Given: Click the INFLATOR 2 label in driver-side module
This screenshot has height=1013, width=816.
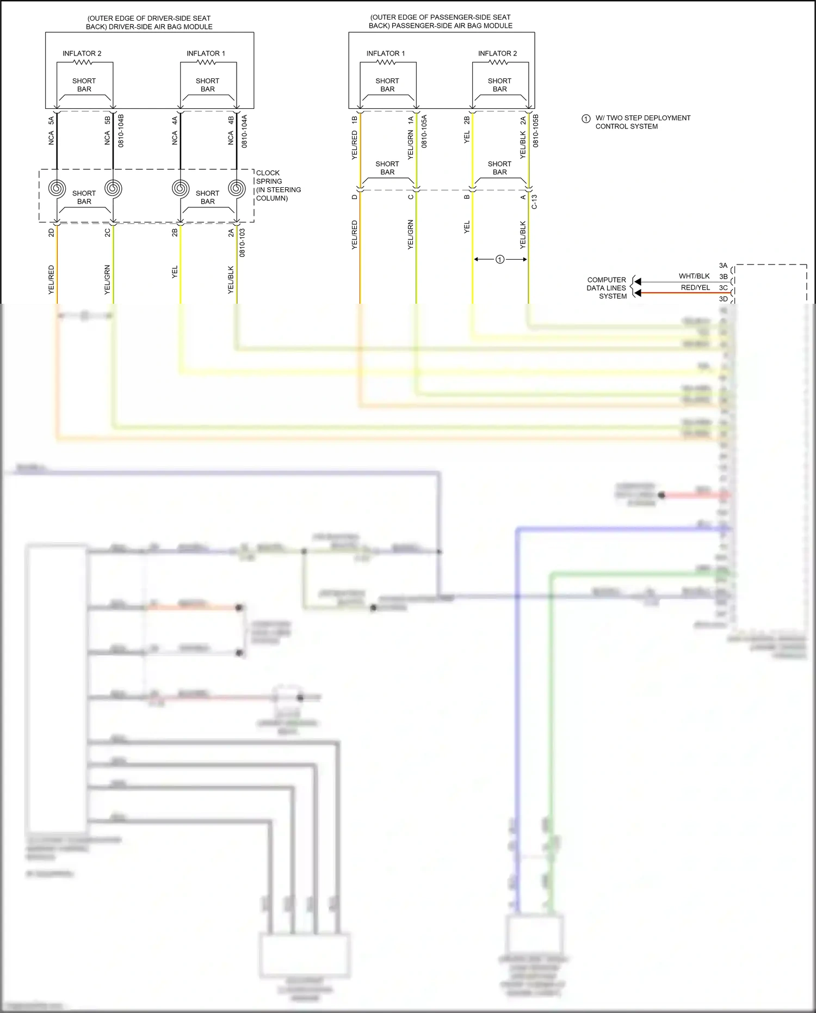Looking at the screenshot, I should click(82, 53).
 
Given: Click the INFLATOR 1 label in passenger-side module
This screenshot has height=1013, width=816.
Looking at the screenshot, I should click(385, 53).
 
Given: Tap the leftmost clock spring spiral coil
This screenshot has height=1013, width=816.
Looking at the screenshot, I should click(57, 188).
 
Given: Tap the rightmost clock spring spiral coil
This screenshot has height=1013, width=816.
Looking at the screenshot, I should click(237, 188).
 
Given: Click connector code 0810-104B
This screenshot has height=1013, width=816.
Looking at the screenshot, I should click(121, 131).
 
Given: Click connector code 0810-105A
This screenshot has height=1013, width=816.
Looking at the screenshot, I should click(424, 131).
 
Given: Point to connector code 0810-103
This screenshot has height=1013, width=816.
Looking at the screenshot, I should click(242, 243).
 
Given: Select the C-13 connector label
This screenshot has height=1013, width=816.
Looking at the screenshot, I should click(534, 202).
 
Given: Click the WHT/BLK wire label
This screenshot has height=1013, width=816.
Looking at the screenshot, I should click(694, 276).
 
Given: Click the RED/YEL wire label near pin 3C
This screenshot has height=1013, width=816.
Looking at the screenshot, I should click(695, 287).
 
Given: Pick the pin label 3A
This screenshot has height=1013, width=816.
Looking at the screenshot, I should click(723, 266).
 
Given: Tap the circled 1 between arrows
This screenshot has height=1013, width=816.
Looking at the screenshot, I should click(500, 260).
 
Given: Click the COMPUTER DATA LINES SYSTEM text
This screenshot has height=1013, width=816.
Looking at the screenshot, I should click(607, 288).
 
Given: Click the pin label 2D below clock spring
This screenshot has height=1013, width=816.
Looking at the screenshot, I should click(51, 232).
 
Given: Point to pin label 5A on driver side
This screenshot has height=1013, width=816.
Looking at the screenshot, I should click(51, 120).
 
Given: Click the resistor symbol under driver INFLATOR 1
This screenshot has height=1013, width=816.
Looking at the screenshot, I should click(206, 62).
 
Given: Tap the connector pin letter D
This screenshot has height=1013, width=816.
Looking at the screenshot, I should click(354, 197).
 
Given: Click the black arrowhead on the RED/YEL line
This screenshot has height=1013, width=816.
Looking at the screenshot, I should click(638, 293).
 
